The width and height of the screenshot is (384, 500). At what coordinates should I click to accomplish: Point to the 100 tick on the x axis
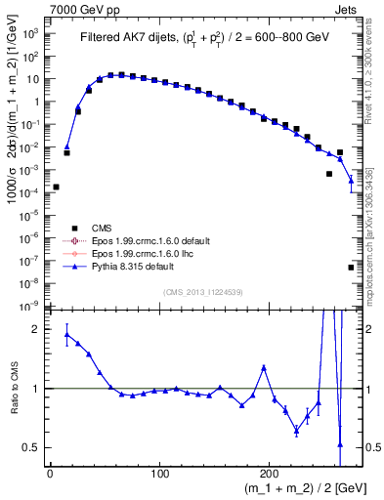pos(160,472)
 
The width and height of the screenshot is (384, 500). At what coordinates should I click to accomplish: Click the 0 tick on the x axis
pos(50,472)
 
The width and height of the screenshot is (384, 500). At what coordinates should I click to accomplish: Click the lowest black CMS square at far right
pos(351,267)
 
